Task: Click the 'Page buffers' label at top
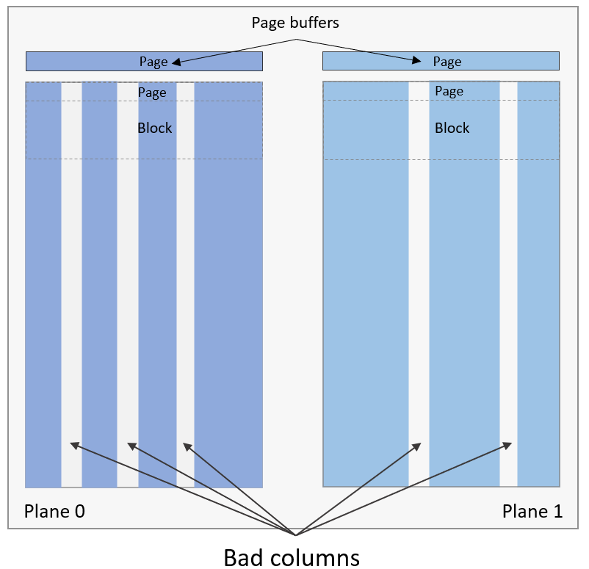pos(295,23)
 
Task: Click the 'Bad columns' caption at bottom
pos(292,557)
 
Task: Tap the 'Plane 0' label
pos(54,511)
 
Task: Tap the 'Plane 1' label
pos(532,511)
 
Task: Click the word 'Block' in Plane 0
pos(155,128)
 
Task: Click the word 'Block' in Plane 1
pos(452,128)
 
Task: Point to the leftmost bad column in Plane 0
pos(71,294)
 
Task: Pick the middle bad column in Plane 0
pos(127,294)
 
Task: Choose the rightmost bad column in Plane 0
pos(185,294)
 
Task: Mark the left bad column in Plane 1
pos(419,294)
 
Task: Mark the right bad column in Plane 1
pos(508,294)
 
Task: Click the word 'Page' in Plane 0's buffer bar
pos(153,62)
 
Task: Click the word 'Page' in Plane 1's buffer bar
pos(447,62)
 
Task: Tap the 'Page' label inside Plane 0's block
pos(152,93)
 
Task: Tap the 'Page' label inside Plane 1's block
pos(449,91)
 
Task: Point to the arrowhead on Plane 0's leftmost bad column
pos(73,446)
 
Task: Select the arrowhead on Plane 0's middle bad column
pos(131,446)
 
